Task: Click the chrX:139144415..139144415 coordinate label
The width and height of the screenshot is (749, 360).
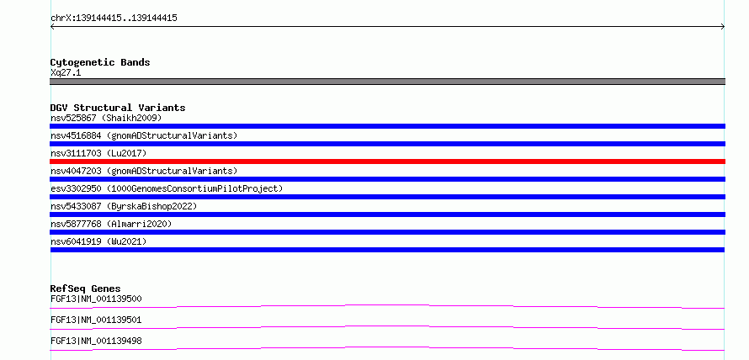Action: click(114, 19)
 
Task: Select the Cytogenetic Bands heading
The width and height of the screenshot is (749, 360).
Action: click(100, 62)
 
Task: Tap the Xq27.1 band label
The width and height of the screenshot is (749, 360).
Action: click(66, 73)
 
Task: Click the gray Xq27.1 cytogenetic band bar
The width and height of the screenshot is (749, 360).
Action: click(387, 82)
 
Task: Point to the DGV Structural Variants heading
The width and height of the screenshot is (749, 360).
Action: click(118, 108)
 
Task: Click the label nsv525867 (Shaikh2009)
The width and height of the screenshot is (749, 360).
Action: click(106, 118)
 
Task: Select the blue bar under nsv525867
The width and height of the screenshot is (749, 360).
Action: click(387, 126)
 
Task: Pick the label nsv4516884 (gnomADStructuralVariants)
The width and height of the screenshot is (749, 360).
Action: click(144, 135)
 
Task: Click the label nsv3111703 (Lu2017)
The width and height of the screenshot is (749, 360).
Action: click(98, 153)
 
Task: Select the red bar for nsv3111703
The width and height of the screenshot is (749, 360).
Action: click(387, 161)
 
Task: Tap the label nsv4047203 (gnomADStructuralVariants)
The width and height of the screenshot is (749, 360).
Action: click(144, 171)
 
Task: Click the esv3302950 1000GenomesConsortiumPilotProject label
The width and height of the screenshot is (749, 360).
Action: click(167, 188)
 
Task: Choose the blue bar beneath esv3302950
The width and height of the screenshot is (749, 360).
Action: click(387, 197)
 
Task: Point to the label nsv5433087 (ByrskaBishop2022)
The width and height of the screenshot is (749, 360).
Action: click(124, 206)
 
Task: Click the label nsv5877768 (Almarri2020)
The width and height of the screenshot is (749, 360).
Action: click(111, 224)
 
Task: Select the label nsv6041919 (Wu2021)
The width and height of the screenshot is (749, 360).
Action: click(98, 241)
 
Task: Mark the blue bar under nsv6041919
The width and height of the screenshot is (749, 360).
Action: click(387, 250)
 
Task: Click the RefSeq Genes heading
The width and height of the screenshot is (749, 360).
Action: click(86, 289)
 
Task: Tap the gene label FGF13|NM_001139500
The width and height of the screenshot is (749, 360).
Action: click(96, 299)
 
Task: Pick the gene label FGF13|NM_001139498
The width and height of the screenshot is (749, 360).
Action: click(96, 341)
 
